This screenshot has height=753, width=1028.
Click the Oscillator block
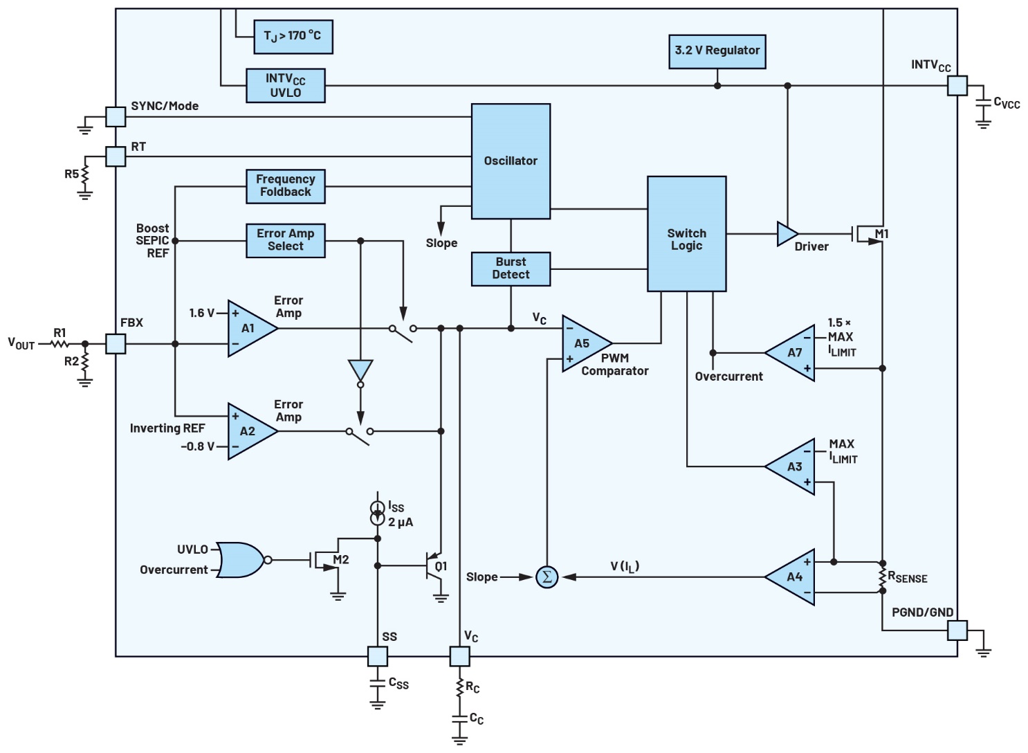(x=511, y=161)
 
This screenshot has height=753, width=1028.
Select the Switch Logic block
(x=686, y=234)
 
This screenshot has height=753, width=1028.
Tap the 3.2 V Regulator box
(x=717, y=51)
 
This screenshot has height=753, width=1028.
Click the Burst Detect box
(x=511, y=269)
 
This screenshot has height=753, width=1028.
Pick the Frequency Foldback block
(x=285, y=186)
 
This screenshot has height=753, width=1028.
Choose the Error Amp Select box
(x=285, y=240)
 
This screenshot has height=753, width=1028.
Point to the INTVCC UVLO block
(x=285, y=86)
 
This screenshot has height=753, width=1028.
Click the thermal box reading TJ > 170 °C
(x=293, y=37)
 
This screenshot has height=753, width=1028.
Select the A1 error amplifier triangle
(x=249, y=329)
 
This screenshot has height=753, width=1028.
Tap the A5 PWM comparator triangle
(x=583, y=344)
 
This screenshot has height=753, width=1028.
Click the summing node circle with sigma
(x=547, y=577)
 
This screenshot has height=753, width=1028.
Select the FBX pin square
(x=116, y=344)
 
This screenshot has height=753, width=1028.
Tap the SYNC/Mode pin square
(x=116, y=117)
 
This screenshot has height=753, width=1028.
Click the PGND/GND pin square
(x=957, y=630)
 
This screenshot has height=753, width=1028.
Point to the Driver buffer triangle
(x=787, y=234)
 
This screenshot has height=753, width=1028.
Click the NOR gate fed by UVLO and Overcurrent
(x=239, y=560)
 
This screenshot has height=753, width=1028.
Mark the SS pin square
(x=377, y=656)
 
